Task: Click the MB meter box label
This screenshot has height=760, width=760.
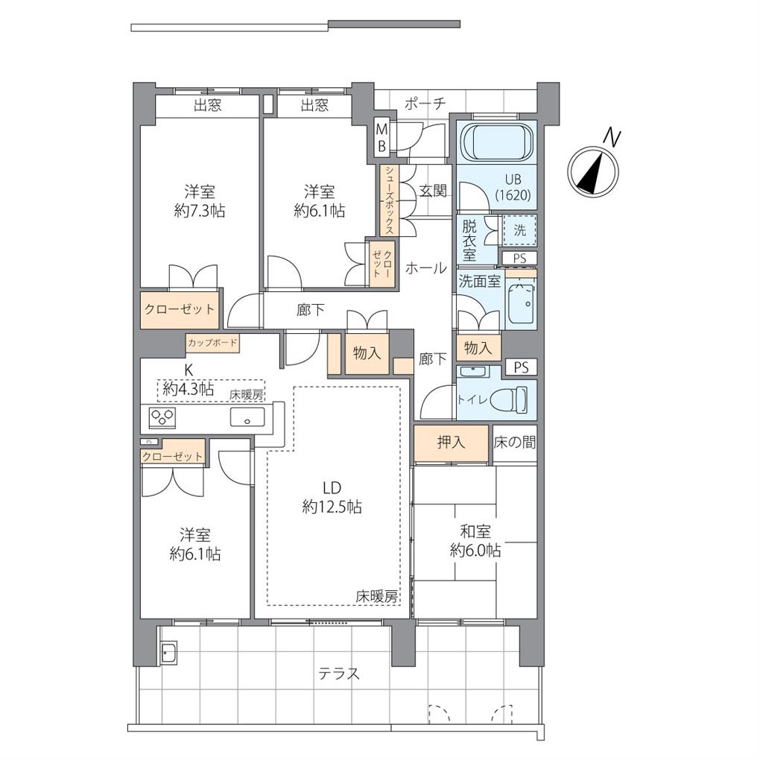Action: [x=382, y=138]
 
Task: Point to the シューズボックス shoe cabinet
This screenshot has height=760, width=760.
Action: [x=390, y=200]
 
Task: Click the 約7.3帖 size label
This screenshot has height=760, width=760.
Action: [x=199, y=212]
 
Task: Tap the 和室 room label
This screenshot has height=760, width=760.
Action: [x=475, y=532]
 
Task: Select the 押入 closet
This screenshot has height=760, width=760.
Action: [x=451, y=443]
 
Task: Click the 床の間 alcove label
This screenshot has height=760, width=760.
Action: [x=515, y=442]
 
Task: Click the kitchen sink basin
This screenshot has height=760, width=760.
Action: [x=247, y=417]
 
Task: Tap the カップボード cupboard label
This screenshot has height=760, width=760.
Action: [x=212, y=343]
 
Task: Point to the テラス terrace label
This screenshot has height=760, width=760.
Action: [x=339, y=674]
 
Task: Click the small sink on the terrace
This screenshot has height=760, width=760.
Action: [x=169, y=654]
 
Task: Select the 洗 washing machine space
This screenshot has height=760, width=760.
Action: [x=519, y=230]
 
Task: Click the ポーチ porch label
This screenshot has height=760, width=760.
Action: [x=425, y=103]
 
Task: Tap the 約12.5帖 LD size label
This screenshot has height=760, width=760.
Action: [x=332, y=507]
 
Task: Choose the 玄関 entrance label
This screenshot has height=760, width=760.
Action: [x=433, y=191]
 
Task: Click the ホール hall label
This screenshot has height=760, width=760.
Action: [x=425, y=267]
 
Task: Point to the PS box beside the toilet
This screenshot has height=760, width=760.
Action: [x=521, y=367]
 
